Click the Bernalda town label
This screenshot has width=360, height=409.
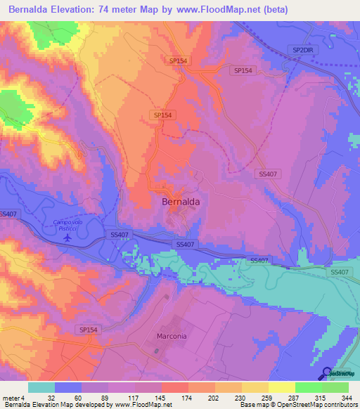181,201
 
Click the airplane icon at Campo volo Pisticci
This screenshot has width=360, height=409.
67,237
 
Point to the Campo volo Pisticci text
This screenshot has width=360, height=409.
72,224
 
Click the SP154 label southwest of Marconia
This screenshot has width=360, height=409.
89,329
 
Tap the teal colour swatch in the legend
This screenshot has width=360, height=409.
41,387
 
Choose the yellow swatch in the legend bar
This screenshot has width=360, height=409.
282,387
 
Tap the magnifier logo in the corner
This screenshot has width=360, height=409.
328,373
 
